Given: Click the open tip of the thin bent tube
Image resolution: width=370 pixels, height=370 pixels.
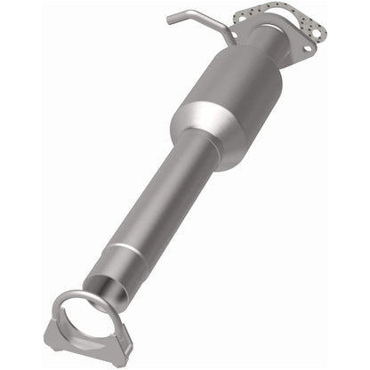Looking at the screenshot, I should [x=168, y=19].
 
